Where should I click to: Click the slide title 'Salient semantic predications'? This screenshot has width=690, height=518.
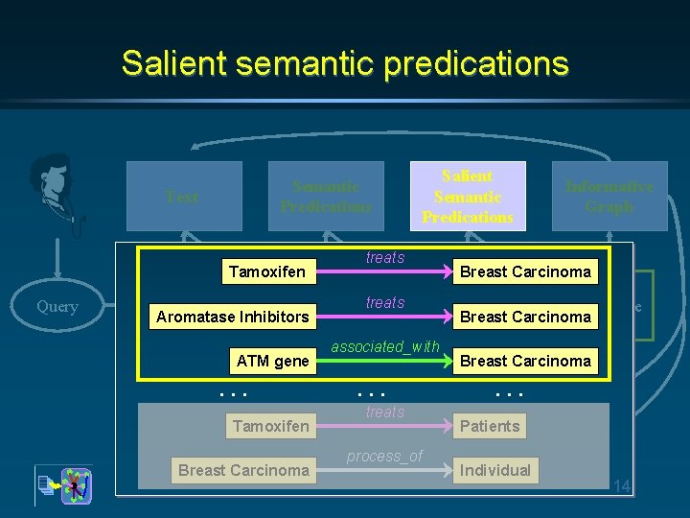coord(345,63)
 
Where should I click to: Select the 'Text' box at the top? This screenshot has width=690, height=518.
coord(182,197)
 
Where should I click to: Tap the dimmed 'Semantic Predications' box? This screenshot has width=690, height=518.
coord(326,197)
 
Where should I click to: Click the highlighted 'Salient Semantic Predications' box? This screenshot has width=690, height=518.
coord(468,197)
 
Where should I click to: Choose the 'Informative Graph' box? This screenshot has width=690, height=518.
coord(609,197)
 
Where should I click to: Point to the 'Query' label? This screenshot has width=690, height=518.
coord(57,306)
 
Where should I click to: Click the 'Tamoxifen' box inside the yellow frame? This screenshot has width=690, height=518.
coord(266,271)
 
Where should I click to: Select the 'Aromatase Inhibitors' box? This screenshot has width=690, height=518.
coord(232,317)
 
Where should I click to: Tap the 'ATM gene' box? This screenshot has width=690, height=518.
coord(272,361)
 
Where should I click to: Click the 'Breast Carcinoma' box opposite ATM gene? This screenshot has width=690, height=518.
coord(525,361)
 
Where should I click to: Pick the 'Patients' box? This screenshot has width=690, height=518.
coord(490,426)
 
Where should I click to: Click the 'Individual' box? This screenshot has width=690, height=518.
coord(494,470)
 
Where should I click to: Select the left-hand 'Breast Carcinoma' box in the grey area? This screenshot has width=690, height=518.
coord(243,470)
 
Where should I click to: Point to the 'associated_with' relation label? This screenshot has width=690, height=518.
coord(385,346)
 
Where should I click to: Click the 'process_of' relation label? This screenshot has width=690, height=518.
coord(385,456)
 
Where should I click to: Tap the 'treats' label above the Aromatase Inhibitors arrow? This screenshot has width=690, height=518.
coord(385,302)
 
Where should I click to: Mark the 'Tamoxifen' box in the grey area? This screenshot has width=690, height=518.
coord(270,426)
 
